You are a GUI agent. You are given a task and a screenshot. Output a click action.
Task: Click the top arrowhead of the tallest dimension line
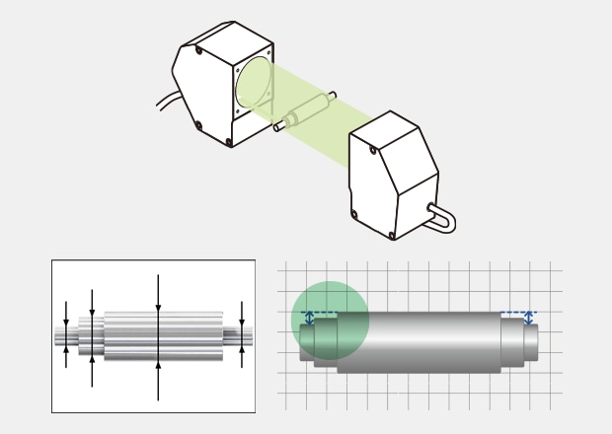pos(158,308)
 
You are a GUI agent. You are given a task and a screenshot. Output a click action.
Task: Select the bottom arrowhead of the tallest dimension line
pos(158,366)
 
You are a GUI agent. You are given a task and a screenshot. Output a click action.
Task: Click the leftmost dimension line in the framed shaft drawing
pos(66,335)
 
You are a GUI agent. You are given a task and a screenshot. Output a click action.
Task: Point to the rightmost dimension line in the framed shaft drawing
pos(241,335)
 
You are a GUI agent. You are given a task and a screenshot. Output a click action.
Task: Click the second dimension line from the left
pos(92,335)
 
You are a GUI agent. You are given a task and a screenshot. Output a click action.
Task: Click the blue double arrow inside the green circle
pos(310,319)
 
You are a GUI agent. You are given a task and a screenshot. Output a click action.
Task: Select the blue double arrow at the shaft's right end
pos(529,319)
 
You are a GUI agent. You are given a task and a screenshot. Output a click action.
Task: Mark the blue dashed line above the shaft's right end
pos(518,313)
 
